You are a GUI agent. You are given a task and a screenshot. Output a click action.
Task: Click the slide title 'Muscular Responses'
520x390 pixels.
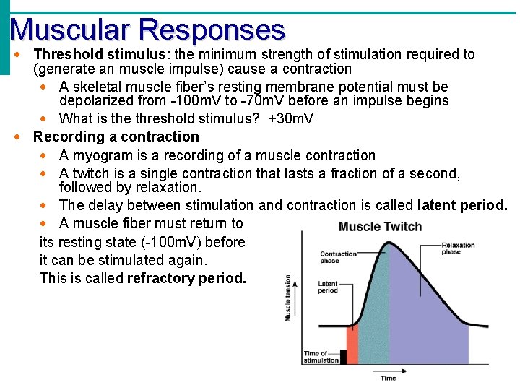[x=148, y=30]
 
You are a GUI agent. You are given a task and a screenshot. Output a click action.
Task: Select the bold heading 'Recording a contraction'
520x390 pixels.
[x=116, y=136]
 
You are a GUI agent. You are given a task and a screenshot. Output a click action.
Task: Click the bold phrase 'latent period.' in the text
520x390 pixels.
[x=462, y=205]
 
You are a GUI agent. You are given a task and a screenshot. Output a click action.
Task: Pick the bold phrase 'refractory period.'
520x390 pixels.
[x=186, y=278]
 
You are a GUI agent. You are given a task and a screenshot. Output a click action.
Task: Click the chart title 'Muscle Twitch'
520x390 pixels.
[x=380, y=227]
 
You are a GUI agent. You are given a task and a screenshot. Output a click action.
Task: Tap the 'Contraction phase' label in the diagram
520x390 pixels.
[x=339, y=257]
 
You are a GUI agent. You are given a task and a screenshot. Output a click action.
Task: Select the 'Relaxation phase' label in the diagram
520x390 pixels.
[x=459, y=248]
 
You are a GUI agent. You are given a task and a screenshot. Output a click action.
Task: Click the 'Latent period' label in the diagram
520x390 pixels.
[x=328, y=287]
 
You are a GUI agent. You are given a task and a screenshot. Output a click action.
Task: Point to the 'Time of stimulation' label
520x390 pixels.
[x=321, y=357]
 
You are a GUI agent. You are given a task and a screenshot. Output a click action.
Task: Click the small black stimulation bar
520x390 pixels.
[x=343, y=356]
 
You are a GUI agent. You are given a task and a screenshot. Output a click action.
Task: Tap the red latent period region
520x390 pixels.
[x=352, y=345]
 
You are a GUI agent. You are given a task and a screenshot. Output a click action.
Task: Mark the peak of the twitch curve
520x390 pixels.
[x=390, y=243]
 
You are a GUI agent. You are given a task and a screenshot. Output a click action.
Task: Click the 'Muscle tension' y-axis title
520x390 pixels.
[x=289, y=298]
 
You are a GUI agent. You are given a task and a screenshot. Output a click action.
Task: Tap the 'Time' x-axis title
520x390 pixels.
[x=388, y=378]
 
